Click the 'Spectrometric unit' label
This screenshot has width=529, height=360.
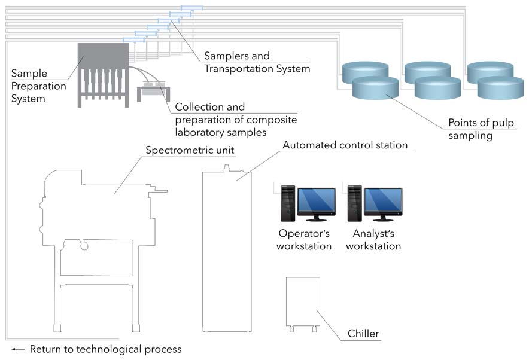(190, 149)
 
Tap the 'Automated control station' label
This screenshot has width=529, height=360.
(345, 145)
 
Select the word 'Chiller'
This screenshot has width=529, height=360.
(363, 333)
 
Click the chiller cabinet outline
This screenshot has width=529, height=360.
(302, 302)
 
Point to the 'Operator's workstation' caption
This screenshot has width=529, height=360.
(304, 239)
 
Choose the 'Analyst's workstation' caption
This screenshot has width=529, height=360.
(373, 239)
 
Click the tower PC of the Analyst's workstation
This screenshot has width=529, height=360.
(355, 203)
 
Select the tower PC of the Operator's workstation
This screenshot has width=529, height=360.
(288, 203)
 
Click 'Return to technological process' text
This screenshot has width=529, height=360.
(105, 349)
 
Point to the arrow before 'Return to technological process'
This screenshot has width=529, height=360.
(18, 349)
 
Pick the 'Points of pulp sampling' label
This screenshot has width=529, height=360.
(481, 129)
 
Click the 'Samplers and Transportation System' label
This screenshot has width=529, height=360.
(257, 62)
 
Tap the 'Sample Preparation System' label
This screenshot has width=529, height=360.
(38, 86)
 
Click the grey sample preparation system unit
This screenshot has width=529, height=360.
(103, 72)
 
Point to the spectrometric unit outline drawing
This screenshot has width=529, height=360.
(96, 239)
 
